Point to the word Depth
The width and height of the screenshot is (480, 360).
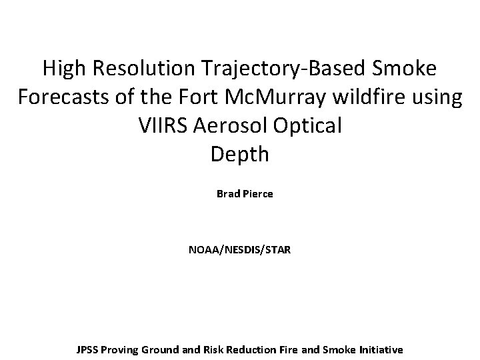(x=239, y=155)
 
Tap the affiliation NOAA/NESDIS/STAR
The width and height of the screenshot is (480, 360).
(x=239, y=251)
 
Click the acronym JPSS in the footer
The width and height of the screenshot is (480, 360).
(x=88, y=349)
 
